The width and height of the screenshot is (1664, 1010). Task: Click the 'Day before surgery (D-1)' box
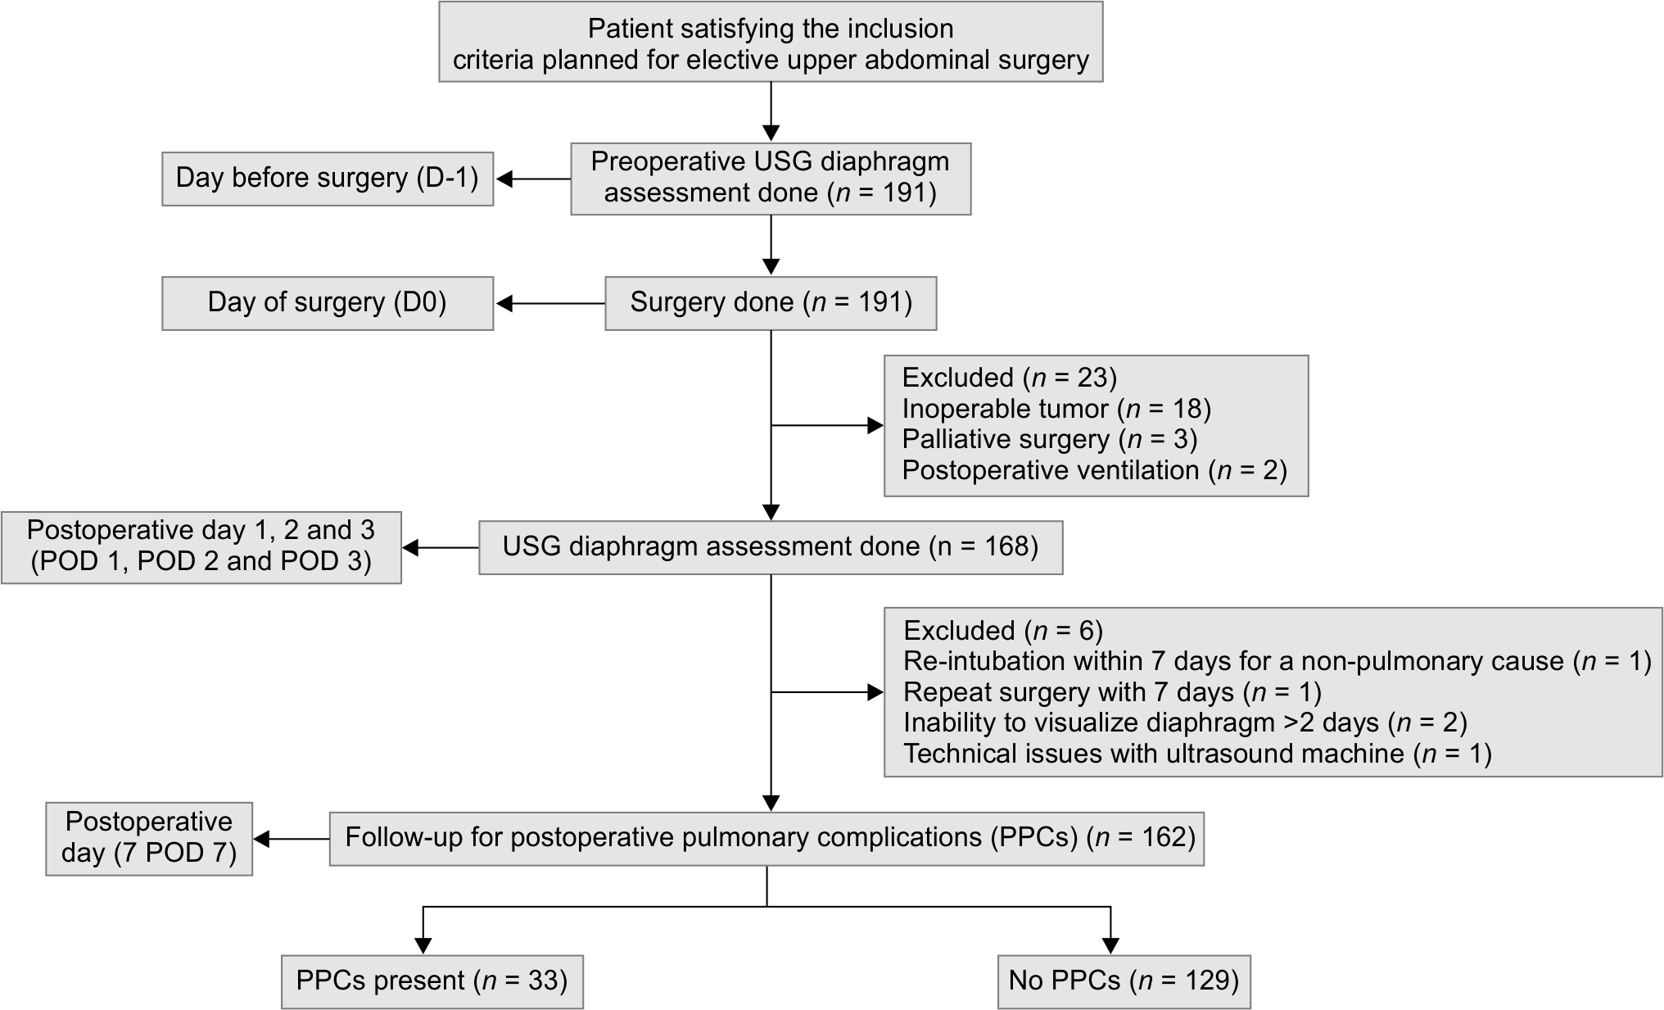click(x=328, y=179)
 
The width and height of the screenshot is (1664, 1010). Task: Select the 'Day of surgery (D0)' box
click(x=328, y=303)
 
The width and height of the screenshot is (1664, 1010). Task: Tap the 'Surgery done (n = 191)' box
click(x=771, y=303)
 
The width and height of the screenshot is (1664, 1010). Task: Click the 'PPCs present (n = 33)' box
click(x=432, y=981)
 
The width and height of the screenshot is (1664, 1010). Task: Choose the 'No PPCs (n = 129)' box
click(x=1124, y=981)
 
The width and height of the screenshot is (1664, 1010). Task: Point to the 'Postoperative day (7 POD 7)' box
click(x=149, y=839)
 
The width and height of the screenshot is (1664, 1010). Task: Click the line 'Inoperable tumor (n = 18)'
click(x=1056, y=409)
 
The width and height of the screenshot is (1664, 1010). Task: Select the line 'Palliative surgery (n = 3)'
click(x=1050, y=440)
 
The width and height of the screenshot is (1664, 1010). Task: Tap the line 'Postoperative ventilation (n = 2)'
click(x=1095, y=471)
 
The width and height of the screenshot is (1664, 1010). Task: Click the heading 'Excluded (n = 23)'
click(x=1010, y=378)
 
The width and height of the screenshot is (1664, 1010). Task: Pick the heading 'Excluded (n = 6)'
click(x=1003, y=631)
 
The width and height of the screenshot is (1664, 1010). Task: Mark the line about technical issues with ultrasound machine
click(x=1197, y=754)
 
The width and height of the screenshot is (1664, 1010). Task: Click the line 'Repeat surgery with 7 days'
click(x=1112, y=692)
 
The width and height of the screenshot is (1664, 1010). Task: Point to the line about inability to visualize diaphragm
click(x=1185, y=723)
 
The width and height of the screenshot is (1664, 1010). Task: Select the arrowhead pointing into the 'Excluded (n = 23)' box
click(x=875, y=426)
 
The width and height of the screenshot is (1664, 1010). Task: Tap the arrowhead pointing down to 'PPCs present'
click(x=423, y=945)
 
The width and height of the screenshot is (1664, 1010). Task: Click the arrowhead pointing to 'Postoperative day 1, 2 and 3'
click(x=410, y=548)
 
